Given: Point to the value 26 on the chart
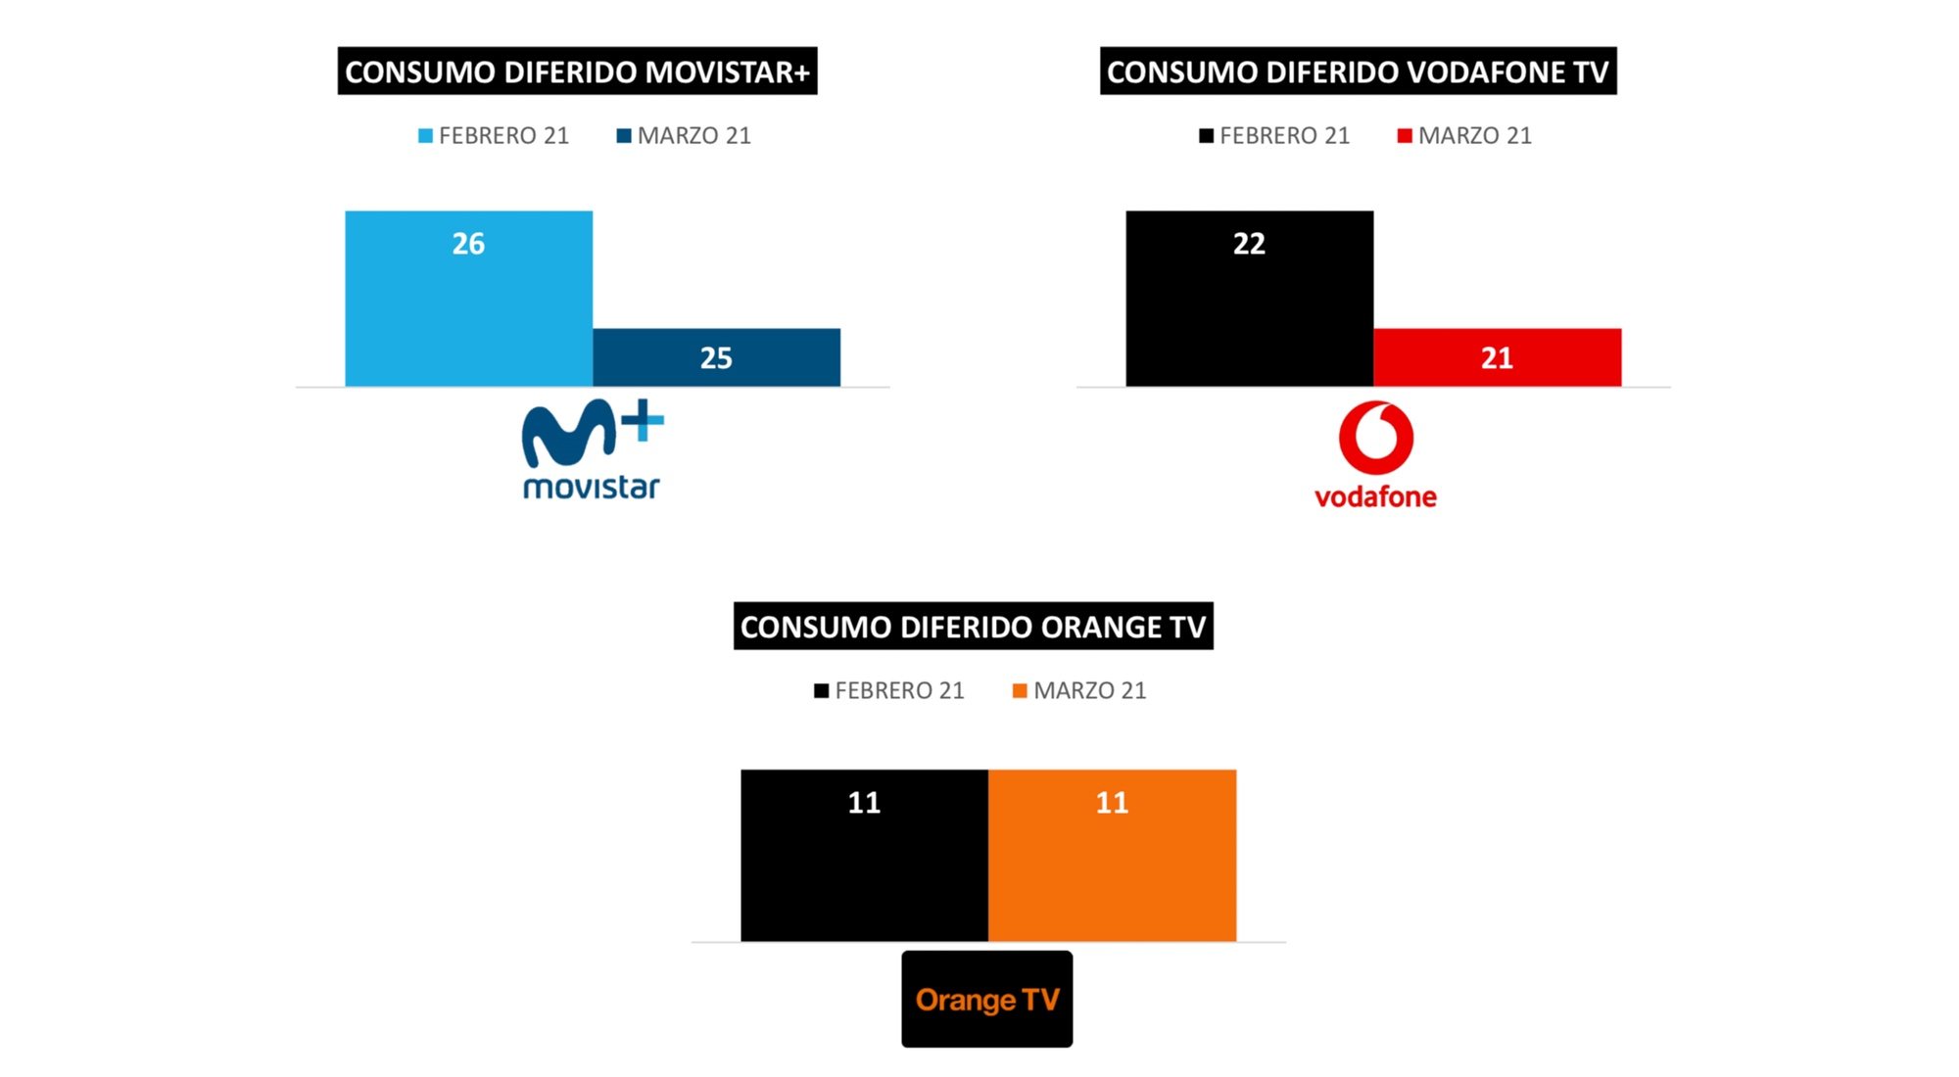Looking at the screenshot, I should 468,244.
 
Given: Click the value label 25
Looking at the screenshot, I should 716,358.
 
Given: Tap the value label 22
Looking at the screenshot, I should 1249,244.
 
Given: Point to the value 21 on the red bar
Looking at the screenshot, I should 1497,358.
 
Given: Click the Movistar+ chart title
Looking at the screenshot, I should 577,71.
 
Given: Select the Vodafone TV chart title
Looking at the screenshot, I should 1358,71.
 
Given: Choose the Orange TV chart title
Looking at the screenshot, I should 973,627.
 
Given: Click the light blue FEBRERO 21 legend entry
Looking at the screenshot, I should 493,136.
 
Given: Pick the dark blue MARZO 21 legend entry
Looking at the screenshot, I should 684,136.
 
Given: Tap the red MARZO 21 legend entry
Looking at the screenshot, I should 1464,136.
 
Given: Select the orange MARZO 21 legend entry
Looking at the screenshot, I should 1078,691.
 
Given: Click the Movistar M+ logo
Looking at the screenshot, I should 592,449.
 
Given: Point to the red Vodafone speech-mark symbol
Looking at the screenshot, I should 1375,437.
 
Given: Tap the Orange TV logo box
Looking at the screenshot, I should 986,999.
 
